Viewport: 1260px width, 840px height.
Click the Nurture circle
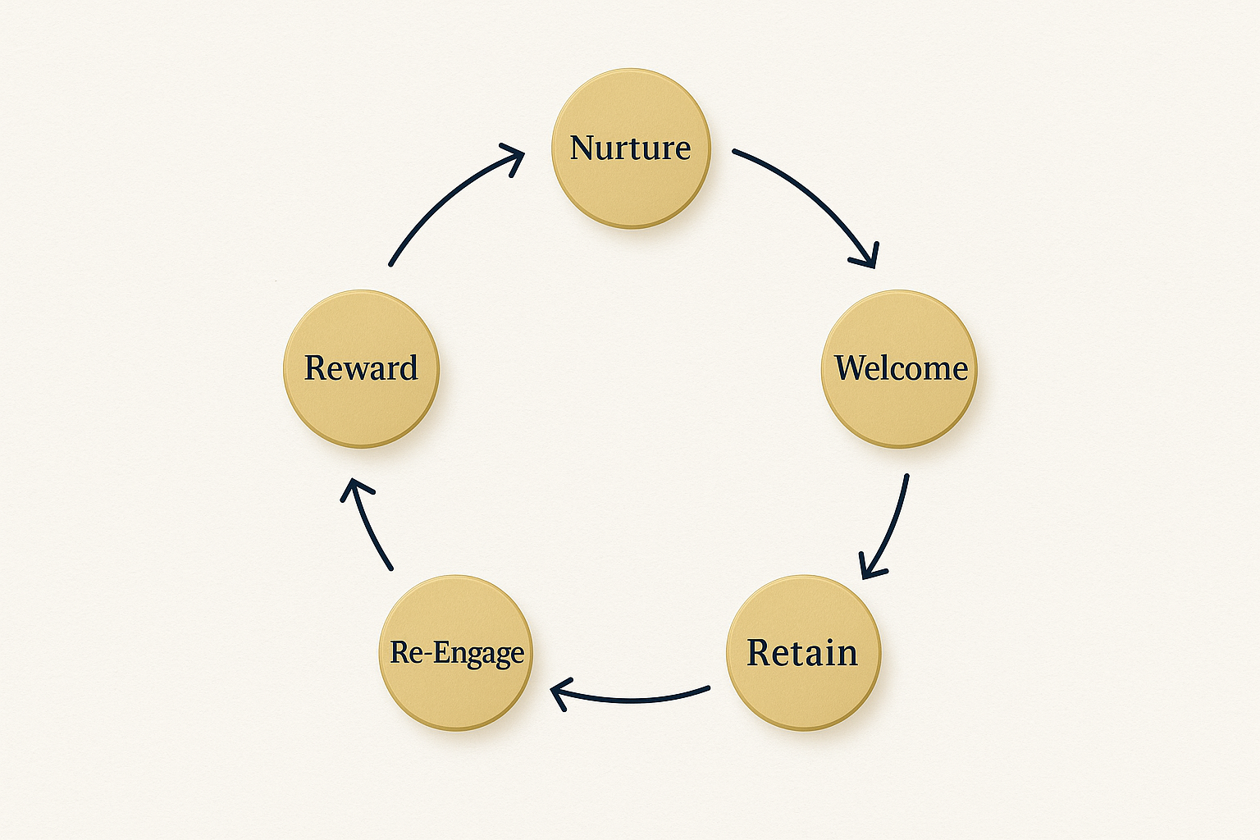tap(631, 148)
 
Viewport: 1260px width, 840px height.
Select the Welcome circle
tap(899, 368)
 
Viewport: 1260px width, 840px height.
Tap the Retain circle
tap(804, 653)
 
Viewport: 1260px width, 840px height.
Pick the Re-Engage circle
tap(456, 653)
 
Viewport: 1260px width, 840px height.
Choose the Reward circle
tap(361, 368)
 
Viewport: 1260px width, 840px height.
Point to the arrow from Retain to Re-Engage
tap(630, 700)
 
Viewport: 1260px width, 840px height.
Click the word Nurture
tap(631, 148)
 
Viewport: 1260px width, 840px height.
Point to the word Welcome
tap(902, 368)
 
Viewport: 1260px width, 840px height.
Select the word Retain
tap(802, 653)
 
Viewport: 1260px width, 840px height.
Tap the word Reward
tap(361, 368)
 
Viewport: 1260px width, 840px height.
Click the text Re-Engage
tap(457, 654)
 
